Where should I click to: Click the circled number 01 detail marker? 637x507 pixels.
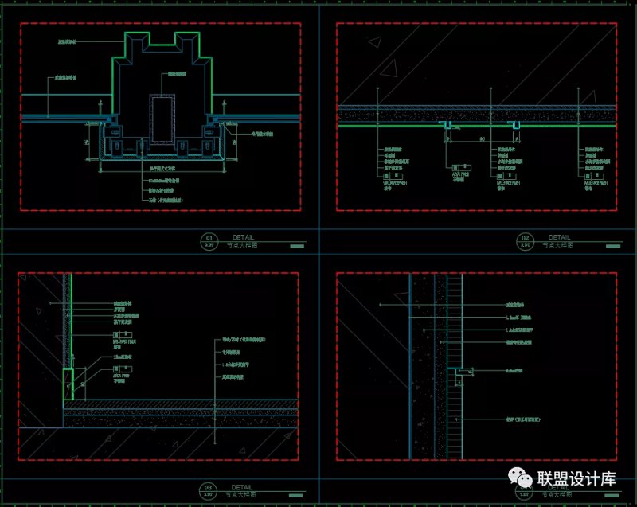click(210, 240)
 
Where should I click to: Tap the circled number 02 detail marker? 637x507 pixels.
click(526, 240)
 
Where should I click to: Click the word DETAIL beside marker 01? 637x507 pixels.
click(244, 236)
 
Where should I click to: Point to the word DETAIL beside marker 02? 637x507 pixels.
click(559, 236)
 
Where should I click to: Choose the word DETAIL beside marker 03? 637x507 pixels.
click(244, 484)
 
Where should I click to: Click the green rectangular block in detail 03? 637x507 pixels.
click(68, 384)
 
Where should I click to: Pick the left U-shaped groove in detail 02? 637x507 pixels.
click(448, 126)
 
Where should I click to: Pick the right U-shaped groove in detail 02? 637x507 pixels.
click(518, 126)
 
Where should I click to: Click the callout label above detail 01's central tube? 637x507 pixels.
click(177, 74)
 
